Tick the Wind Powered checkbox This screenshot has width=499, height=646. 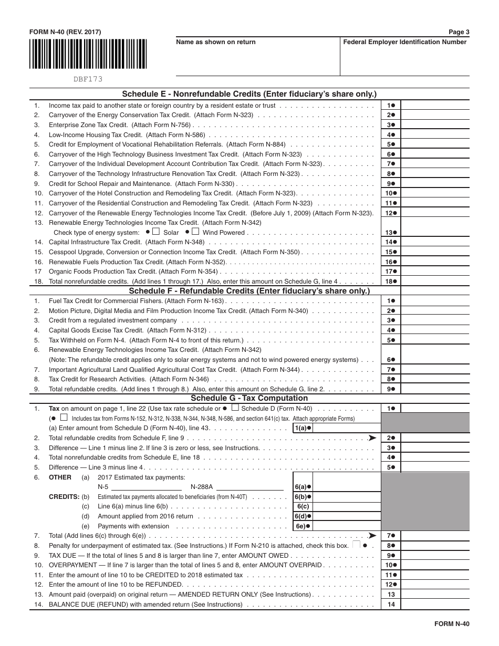(195, 232)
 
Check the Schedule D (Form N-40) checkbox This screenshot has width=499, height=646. (235, 408)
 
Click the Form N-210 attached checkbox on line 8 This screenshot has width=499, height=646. (357, 545)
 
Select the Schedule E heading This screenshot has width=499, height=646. (250, 95)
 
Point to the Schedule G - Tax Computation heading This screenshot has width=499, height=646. (250, 398)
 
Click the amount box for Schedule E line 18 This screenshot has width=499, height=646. (435, 282)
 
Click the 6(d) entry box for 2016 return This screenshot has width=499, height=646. (347, 516)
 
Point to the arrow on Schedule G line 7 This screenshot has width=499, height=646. (372, 536)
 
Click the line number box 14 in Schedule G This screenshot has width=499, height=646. (391, 605)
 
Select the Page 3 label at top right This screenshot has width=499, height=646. (459, 32)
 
